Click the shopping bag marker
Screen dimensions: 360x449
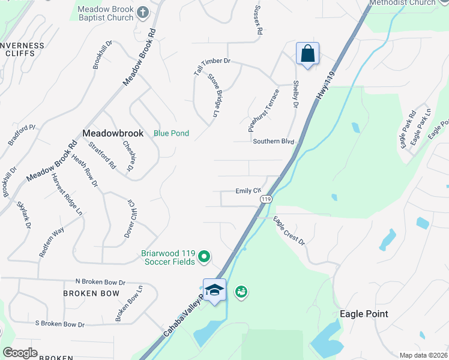pos(307,53)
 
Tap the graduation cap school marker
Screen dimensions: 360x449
pos(214,290)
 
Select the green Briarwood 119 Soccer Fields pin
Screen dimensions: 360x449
pos(204,257)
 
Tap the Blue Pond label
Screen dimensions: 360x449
pos(171,133)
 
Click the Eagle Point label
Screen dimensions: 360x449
pos(364,314)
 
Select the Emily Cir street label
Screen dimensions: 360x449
pos(249,191)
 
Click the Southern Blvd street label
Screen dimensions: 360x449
pos(273,142)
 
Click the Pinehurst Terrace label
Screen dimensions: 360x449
pos(264,111)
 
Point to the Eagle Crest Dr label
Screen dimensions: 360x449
pos(289,231)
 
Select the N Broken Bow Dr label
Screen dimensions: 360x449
pos(100,281)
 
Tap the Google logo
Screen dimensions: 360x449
pos(20,353)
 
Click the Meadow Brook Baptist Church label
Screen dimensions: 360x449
pos(106,14)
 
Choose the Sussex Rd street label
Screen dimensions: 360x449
pos(259,21)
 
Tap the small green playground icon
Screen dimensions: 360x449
pos(241,292)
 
